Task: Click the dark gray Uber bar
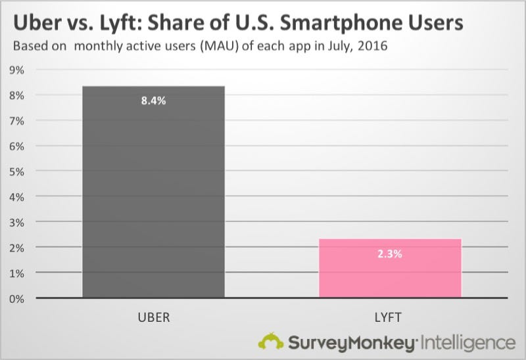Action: coord(154,197)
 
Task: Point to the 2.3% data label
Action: coord(390,253)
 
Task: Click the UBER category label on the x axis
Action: coord(154,318)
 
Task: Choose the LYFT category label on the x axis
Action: coord(390,318)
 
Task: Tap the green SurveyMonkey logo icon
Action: coord(270,341)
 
